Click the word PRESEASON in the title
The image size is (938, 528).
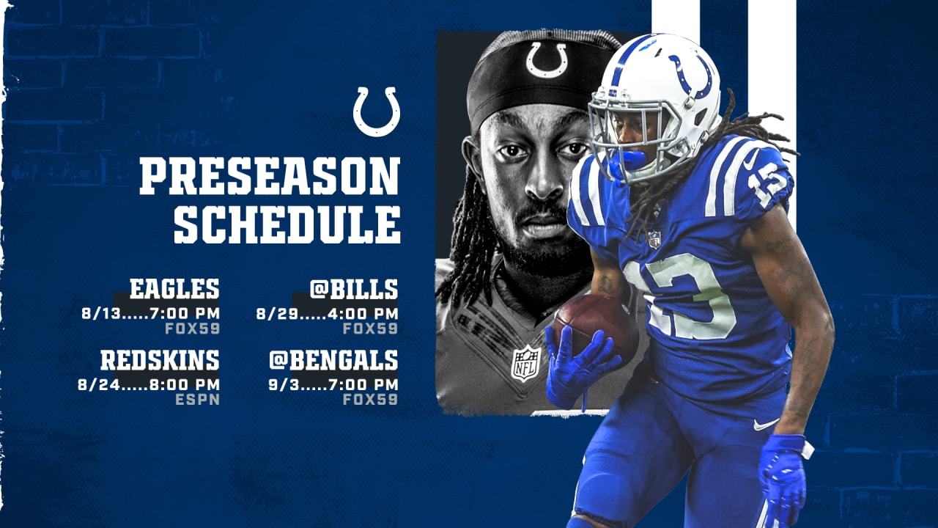point(270,175)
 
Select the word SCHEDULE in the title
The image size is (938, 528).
point(287,224)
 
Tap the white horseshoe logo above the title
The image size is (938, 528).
point(377,111)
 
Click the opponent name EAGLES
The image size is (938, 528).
point(174,289)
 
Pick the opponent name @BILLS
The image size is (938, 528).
point(354,289)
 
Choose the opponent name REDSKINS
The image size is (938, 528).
point(160,360)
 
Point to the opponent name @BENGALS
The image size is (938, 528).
point(333,360)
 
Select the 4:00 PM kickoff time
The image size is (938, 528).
point(363,313)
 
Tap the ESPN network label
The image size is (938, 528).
point(197,400)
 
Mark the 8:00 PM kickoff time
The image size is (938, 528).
point(184,385)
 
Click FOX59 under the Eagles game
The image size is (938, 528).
point(192,329)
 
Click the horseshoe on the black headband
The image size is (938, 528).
point(547,60)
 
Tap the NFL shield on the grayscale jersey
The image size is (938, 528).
point(525,363)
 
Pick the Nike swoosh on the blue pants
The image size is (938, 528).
point(766,425)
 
